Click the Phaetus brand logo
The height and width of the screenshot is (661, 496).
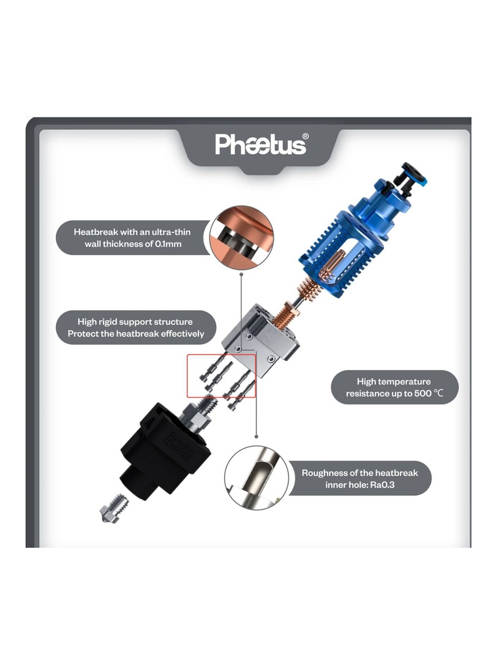(x=260, y=144)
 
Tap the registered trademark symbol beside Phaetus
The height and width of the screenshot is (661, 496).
(x=306, y=136)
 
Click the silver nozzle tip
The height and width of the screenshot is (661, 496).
(x=115, y=507)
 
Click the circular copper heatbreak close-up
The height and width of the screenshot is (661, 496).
(x=242, y=237)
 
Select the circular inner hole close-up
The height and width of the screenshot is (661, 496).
(x=257, y=477)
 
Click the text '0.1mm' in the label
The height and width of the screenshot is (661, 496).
(x=168, y=244)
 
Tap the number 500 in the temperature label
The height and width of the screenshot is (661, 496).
(x=423, y=394)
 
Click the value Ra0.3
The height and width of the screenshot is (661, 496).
(x=382, y=485)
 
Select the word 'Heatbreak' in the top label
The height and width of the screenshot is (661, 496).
(x=96, y=232)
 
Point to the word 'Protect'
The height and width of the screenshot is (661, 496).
(x=83, y=334)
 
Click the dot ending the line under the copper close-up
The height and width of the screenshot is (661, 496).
(x=241, y=274)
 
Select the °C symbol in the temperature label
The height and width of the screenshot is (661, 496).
(x=438, y=394)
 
